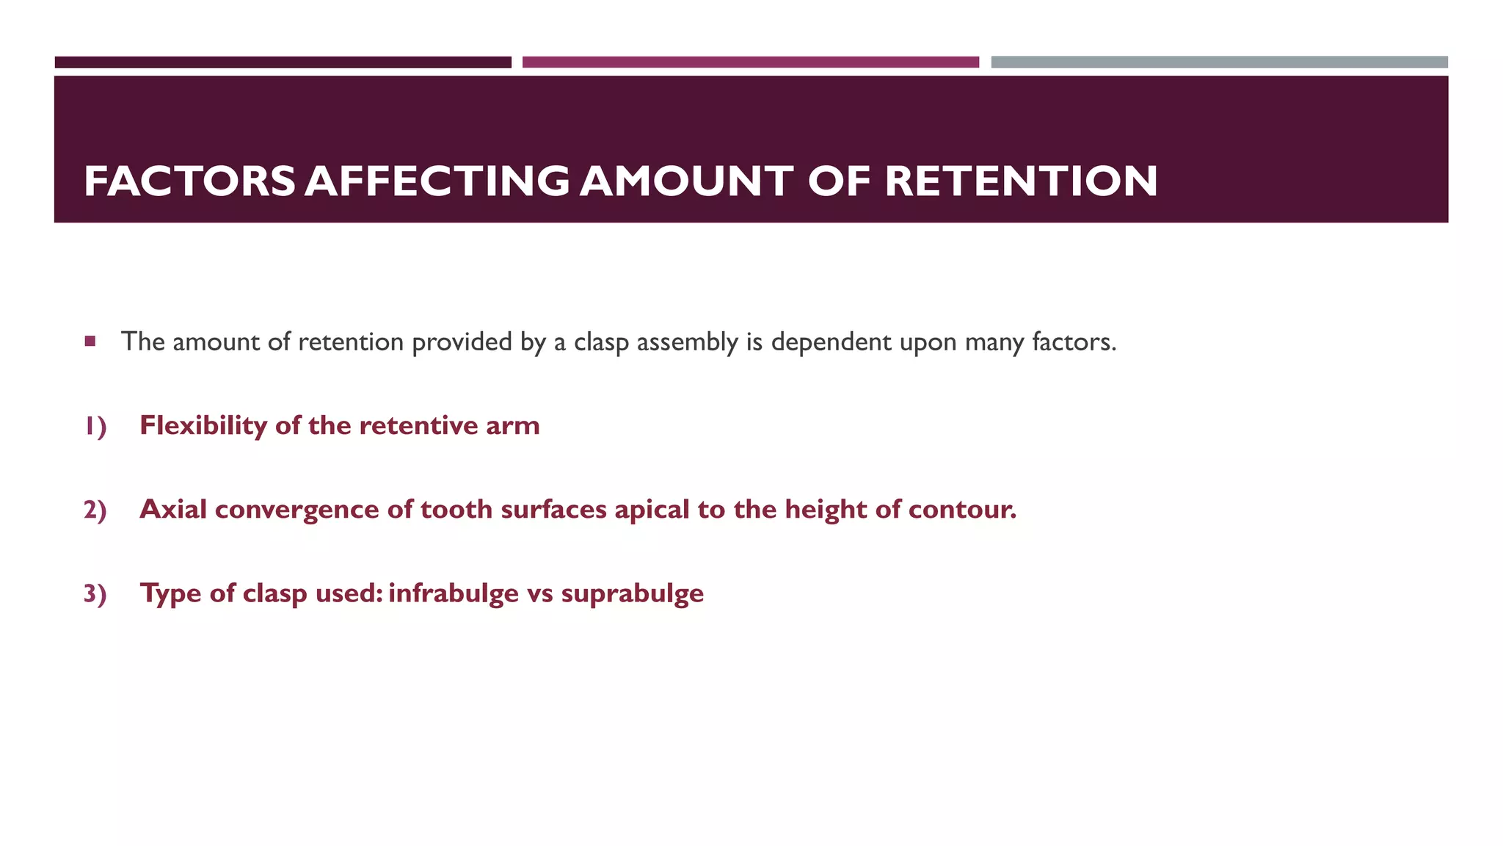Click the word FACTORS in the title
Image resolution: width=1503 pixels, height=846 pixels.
click(189, 181)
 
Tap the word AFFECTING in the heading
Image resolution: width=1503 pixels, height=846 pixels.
click(437, 181)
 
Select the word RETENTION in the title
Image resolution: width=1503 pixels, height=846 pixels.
click(1021, 181)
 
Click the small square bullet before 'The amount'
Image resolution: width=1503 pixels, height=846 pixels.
click(90, 341)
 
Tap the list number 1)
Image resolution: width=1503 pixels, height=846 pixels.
click(95, 426)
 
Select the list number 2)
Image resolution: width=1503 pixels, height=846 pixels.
click(95, 510)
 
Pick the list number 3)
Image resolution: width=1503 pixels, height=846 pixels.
click(95, 593)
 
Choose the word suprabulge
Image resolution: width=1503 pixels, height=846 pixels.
click(632, 593)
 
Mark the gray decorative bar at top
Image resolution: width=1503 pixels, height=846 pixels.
click(1219, 62)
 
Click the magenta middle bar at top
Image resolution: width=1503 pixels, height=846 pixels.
click(750, 62)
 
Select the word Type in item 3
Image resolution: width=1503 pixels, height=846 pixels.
click(171, 593)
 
